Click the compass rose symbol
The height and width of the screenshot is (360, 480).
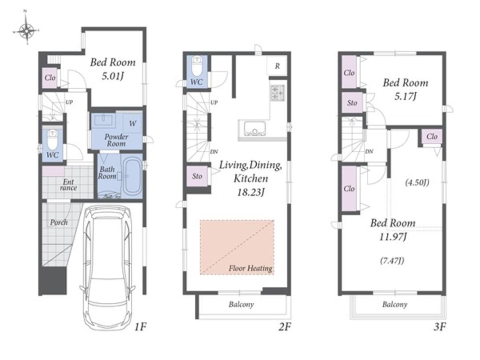click(27, 30)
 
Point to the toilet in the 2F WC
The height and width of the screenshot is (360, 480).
click(196, 66)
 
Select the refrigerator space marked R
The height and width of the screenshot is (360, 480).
click(277, 65)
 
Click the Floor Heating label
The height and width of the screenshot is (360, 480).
click(250, 268)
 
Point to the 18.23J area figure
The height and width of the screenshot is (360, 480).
click(251, 192)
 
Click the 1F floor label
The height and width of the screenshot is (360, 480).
click(140, 327)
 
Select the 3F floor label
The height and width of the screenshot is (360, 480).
click(440, 327)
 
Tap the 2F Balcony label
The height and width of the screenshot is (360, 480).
click(241, 304)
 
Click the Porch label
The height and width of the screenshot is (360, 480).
click(59, 222)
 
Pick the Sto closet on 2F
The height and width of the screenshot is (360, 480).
click(197, 176)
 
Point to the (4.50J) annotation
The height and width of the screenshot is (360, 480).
click(417, 183)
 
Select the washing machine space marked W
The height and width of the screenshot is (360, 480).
click(132, 123)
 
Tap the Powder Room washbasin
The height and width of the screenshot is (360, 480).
click(105, 120)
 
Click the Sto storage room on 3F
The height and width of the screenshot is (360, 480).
click(352, 103)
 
